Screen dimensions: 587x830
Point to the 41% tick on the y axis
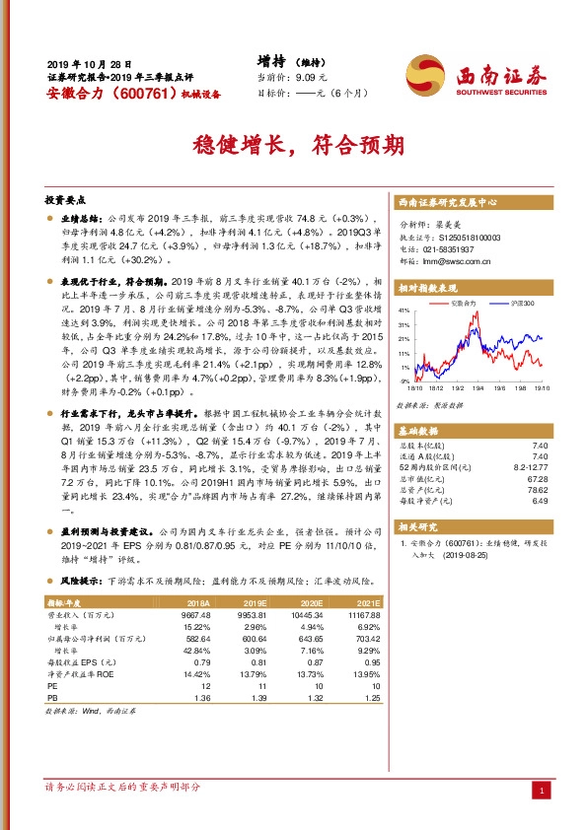click(x=404, y=310)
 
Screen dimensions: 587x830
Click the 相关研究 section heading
click(x=417, y=527)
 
